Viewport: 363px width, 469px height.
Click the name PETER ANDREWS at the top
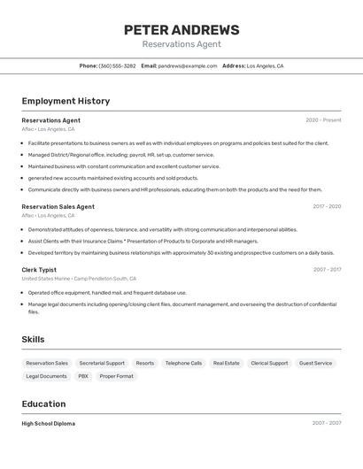(181, 30)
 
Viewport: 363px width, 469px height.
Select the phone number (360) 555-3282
(117, 65)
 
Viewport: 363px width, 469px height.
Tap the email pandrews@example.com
(188, 65)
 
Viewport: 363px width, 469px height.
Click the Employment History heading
(66, 101)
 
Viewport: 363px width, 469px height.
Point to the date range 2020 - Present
(323, 120)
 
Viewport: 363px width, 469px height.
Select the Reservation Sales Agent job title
(58, 206)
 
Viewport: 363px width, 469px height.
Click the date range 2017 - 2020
(327, 206)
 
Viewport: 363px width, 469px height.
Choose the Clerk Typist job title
(39, 269)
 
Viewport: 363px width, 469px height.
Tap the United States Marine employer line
(79, 279)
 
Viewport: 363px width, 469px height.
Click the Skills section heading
(34, 340)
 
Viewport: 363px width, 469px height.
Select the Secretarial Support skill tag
(102, 363)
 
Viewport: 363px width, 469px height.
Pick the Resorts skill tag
(144, 363)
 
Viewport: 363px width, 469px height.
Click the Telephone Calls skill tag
(183, 363)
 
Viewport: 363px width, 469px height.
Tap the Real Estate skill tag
(226, 363)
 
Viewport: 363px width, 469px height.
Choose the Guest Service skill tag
(315, 363)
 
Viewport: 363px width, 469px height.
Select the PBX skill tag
(83, 376)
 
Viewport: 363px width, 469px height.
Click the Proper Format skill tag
(116, 376)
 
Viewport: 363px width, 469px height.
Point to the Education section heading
(44, 404)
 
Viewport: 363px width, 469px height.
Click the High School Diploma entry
(48, 424)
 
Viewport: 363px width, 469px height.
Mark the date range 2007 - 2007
(326, 424)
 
